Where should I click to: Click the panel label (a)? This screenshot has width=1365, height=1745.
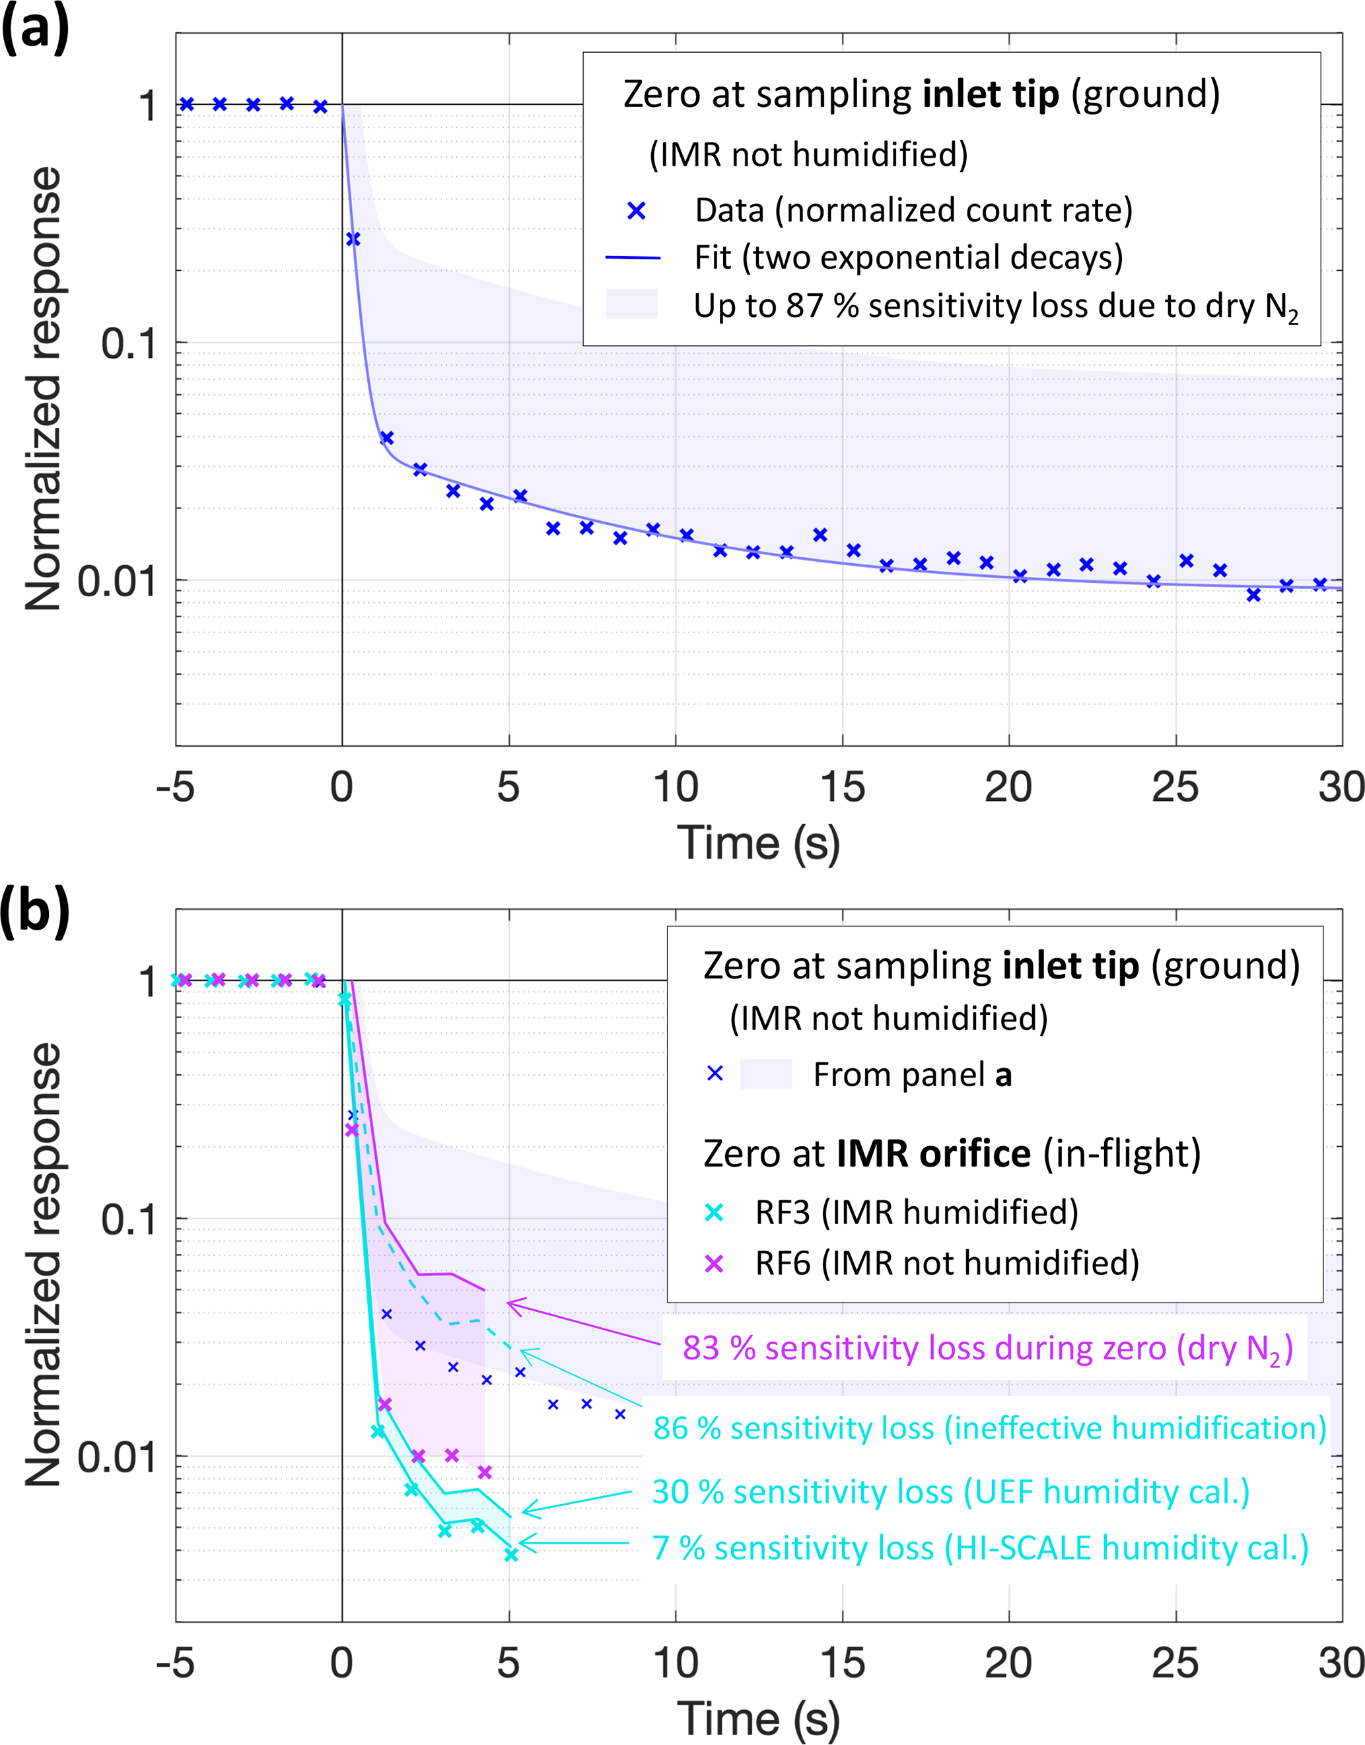[x=35, y=30]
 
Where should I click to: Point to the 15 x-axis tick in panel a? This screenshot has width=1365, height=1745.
[x=843, y=787]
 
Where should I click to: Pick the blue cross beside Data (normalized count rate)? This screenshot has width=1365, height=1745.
[x=636, y=211]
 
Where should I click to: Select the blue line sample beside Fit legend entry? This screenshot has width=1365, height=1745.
[x=633, y=258]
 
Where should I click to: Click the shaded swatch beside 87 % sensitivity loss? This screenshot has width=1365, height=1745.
[x=632, y=304]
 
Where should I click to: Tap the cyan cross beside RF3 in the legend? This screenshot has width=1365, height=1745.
[x=714, y=1213]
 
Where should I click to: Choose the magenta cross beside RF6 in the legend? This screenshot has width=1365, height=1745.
[x=714, y=1263]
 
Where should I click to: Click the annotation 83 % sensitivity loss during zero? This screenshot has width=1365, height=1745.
[x=988, y=1349]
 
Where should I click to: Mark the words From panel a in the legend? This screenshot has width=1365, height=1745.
[x=912, y=1075]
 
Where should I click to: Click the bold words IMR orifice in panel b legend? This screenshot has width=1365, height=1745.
[x=933, y=1153]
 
